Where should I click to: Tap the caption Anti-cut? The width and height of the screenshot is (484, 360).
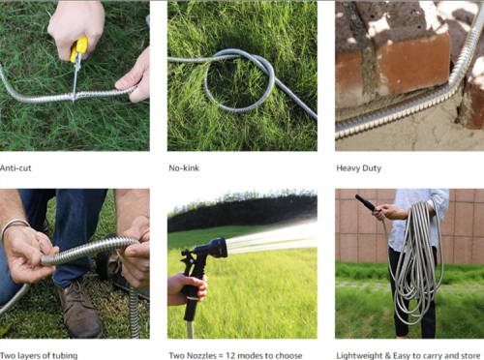coord(15,168)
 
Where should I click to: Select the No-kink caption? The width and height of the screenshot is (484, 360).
coord(184,168)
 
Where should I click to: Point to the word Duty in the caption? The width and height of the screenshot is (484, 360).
coord(372,168)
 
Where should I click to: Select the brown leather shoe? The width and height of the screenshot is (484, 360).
coord(80,309)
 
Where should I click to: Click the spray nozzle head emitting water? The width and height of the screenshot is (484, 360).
coord(215,248)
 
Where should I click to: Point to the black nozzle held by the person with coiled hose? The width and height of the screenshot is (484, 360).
coord(365,202)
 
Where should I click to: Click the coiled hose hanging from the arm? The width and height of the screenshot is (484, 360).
coord(414,258)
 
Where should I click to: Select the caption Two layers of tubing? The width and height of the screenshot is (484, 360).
coord(39,355)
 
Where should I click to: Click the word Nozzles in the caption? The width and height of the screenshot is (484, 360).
coord(202,355)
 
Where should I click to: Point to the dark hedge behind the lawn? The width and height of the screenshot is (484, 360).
coord(242,211)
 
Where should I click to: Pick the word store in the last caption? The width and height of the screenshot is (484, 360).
coord(469,355)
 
